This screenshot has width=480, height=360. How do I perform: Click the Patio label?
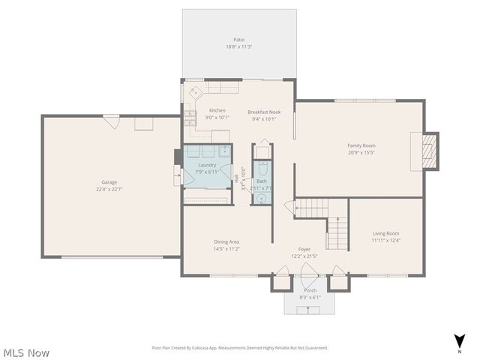click(x=238, y=40)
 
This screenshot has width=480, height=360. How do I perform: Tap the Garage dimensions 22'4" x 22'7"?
click(x=109, y=189)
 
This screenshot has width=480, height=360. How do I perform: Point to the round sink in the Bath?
click(x=261, y=199)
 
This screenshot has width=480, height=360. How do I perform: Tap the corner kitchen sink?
click(x=195, y=93)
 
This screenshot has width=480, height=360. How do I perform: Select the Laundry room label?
click(x=207, y=165)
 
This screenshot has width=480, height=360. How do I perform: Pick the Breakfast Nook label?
click(x=263, y=112)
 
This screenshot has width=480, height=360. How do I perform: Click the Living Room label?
click(x=386, y=233)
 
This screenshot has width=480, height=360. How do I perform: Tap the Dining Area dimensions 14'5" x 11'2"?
click(x=226, y=248)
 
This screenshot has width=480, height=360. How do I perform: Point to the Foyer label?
click(x=304, y=249)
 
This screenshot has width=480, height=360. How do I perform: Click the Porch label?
click(x=310, y=290)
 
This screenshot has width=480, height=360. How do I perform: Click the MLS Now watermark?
click(x=27, y=352)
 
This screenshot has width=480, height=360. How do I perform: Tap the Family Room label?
click(x=361, y=145)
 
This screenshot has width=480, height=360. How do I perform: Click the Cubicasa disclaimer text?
click(x=240, y=348)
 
